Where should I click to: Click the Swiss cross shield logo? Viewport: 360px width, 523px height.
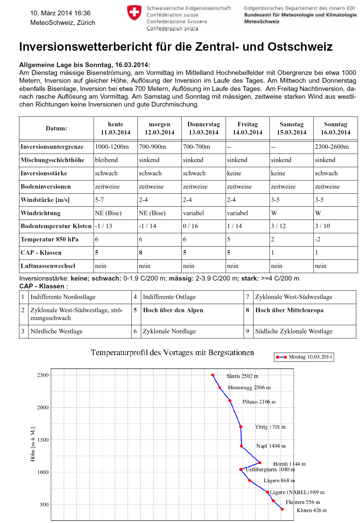(x=134, y=13)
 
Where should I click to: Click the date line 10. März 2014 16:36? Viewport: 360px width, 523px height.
(x=60, y=13)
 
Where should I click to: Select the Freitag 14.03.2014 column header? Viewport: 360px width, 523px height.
(x=247, y=128)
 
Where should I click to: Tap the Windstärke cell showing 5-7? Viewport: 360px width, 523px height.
(x=99, y=200)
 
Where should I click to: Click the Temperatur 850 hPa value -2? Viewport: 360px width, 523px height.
(x=317, y=239)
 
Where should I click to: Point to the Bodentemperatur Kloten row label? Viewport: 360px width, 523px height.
(x=56, y=226)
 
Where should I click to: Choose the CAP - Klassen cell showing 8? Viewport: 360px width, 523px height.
(x=141, y=253)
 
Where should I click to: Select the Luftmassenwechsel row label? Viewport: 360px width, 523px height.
(x=48, y=266)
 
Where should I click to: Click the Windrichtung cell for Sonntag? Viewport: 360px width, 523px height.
(x=318, y=213)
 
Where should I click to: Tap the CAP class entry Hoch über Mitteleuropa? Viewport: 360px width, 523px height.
(x=289, y=310)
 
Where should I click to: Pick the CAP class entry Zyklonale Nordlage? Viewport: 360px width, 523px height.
(x=169, y=331)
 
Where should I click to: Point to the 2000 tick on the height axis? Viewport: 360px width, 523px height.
(x=43, y=408)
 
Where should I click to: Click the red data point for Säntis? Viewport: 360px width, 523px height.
(x=213, y=375)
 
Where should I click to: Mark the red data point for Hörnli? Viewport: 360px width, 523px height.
(x=260, y=463)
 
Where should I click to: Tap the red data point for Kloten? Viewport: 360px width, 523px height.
(x=282, y=509)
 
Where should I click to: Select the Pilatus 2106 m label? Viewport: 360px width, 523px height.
(x=259, y=402)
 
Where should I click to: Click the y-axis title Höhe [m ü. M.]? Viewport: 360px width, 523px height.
(x=33, y=444)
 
